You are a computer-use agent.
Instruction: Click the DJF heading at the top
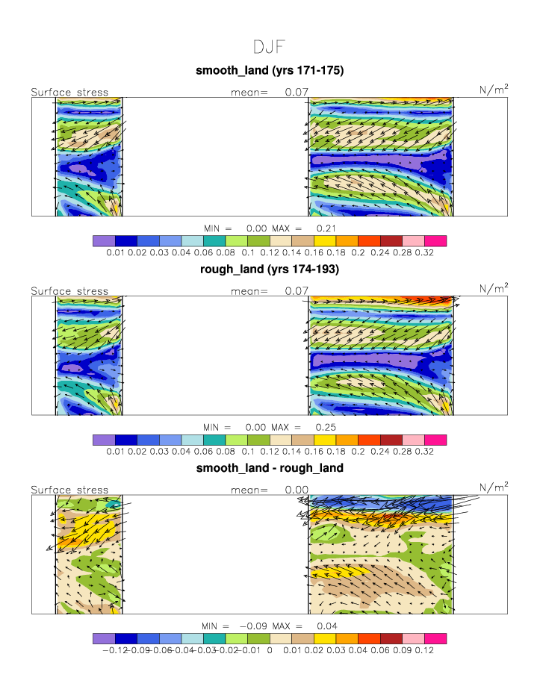(x=269, y=47)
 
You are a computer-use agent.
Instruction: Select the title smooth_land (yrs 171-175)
(x=269, y=71)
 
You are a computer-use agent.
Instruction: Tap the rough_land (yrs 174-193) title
(x=269, y=269)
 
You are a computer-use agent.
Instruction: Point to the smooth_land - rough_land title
(x=269, y=468)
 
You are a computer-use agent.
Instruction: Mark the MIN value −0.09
(x=255, y=625)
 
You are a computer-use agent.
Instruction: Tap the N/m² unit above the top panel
(x=494, y=90)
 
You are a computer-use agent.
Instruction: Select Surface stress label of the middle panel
(x=69, y=291)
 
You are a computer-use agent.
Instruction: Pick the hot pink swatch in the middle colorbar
(x=435, y=440)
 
